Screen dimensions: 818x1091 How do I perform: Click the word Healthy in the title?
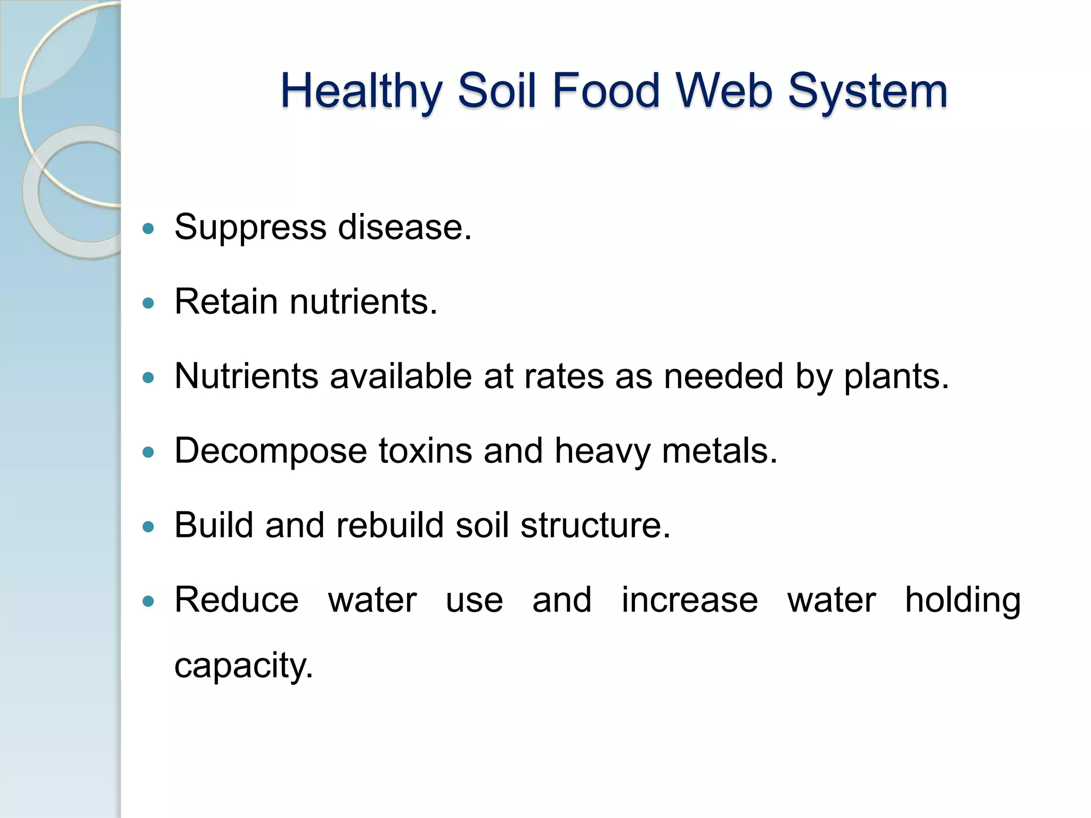[361, 91]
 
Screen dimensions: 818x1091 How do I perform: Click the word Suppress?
[250, 227]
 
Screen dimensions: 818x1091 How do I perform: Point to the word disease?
[404, 227]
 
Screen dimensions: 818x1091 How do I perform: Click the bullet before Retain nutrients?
[149, 304]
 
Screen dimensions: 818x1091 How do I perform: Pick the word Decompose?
[270, 451]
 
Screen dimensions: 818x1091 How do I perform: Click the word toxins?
[425, 451]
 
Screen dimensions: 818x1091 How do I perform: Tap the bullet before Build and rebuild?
[149, 527]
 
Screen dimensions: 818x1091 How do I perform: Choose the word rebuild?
[390, 526]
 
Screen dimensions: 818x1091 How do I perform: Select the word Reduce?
[237, 600]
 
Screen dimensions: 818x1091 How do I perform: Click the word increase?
[689, 600]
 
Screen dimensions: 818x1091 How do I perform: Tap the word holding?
[963, 600]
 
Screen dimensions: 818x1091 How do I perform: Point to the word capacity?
[243, 666]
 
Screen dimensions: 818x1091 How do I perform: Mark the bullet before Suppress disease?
[149, 229]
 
